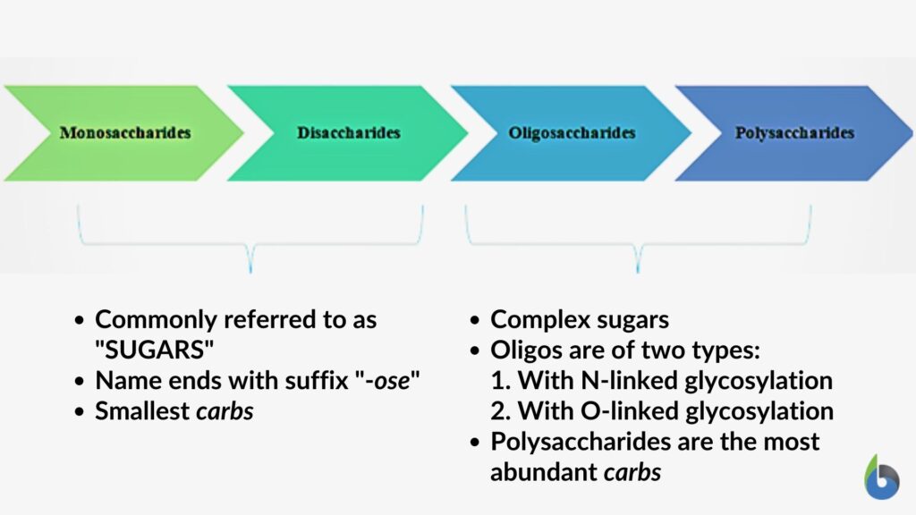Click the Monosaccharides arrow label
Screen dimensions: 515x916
(125, 133)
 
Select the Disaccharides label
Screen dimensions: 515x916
(349, 133)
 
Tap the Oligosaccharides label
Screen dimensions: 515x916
(572, 133)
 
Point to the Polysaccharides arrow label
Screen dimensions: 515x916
(794, 133)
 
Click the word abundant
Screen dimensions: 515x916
(545, 471)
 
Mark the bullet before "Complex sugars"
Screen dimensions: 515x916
(477, 320)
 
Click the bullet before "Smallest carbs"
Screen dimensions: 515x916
(81, 412)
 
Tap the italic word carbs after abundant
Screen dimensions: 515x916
(632, 471)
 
